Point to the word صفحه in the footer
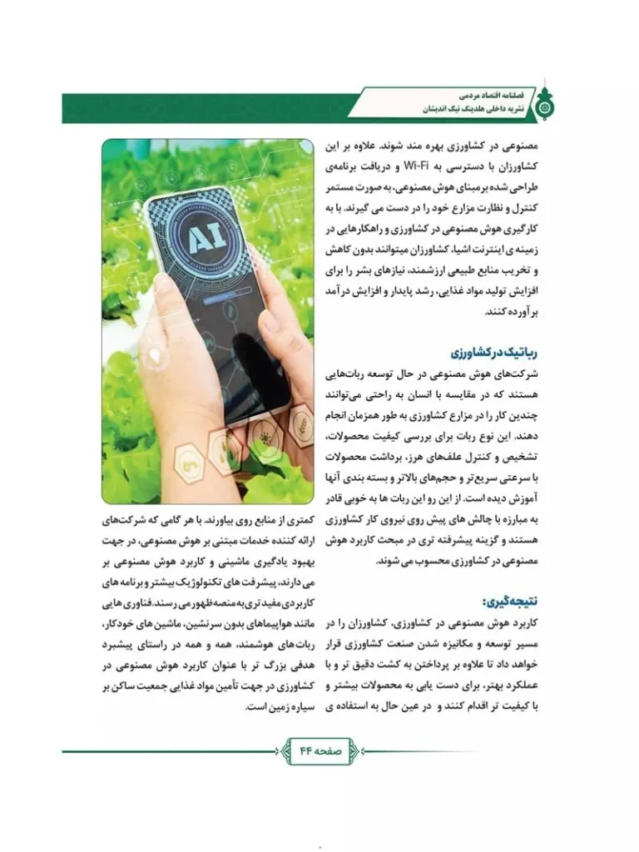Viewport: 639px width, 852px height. pyautogui.click(x=331, y=750)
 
